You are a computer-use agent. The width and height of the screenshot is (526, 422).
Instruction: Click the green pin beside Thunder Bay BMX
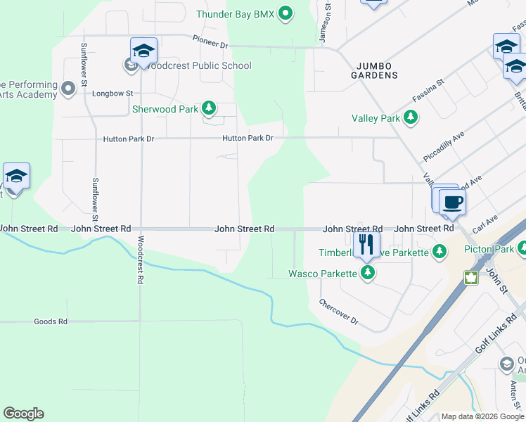(x=286, y=14)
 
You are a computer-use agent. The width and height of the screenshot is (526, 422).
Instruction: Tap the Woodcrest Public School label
(x=196, y=66)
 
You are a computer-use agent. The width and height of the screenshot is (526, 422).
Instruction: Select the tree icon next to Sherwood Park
(x=208, y=108)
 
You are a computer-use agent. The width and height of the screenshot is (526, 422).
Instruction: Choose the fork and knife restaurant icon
(x=366, y=245)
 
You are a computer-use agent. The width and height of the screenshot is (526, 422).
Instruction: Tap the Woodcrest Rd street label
(x=140, y=260)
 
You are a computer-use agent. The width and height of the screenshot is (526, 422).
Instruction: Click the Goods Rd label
(x=50, y=321)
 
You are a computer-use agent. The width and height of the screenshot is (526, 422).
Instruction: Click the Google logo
(x=23, y=414)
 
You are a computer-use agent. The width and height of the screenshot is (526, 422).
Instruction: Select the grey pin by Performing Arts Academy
(x=68, y=89)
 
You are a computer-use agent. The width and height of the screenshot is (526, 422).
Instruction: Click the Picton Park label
(x=489, y=249)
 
